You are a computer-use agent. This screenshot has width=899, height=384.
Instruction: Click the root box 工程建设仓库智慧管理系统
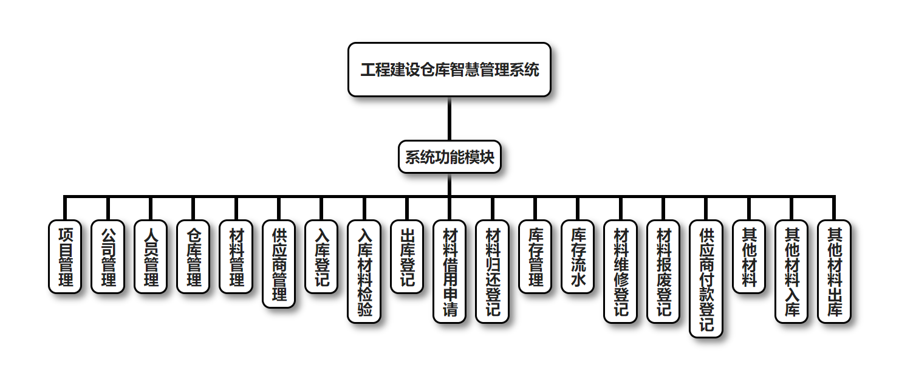(x=449, y=69)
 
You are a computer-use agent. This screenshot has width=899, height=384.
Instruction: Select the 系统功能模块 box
(x=449, y=157)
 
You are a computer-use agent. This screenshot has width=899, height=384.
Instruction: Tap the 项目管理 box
(x=65, y=256)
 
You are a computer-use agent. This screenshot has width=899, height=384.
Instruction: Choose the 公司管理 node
(x=108, y=256)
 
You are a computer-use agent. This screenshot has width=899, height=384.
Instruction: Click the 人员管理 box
(x=150, y=256)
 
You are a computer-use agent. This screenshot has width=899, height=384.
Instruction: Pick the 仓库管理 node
(x=193, y=256)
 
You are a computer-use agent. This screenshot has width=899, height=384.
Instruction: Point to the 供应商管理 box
(x=279, y=264)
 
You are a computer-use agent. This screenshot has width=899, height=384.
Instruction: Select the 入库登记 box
(x=321, y=256)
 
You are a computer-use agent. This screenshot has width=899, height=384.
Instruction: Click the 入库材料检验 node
(x=364, y=271)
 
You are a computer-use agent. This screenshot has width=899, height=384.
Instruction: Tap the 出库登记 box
(x=406, y=256)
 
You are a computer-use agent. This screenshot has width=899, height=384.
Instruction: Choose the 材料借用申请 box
(x=449, y=271)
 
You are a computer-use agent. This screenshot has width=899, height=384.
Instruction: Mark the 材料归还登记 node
(x=492, y=271)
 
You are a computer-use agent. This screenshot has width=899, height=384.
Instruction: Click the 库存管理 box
(x=535, y=256)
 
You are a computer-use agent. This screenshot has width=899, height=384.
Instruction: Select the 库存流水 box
(x=578, y=256)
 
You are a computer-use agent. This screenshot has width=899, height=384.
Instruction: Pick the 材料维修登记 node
(x=620, y=271)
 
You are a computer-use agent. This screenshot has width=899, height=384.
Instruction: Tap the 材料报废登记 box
(x=663, y=271)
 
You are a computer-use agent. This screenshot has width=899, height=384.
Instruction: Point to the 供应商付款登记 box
(x=706, y=278)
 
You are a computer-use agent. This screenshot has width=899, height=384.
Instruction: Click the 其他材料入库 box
(x=791, y=271)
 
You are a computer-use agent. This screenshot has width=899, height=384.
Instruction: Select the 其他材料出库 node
(x=834, y=271)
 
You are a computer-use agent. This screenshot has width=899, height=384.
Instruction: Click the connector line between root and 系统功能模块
(x=449, y=118)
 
